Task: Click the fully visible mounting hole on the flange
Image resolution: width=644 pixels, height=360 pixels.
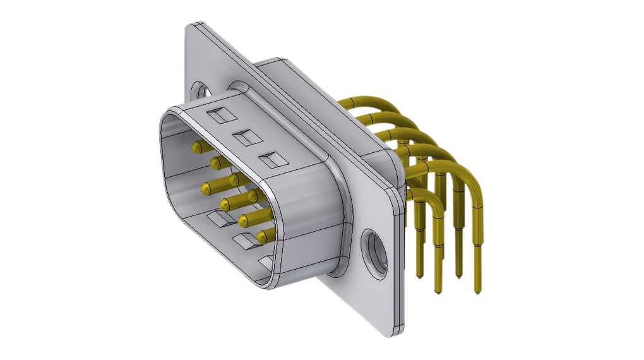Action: (x=376, y=251)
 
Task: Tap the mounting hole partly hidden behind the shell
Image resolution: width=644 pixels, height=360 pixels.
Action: (x=201, y=90)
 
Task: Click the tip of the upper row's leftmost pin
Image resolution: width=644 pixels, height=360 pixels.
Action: (x=196, y=147)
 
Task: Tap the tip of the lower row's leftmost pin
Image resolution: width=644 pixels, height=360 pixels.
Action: (x=206, y=188)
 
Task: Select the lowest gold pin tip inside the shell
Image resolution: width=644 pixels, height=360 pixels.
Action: (x=262, y=237)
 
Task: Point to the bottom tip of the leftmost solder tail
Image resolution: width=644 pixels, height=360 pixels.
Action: (x=418, y=275)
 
